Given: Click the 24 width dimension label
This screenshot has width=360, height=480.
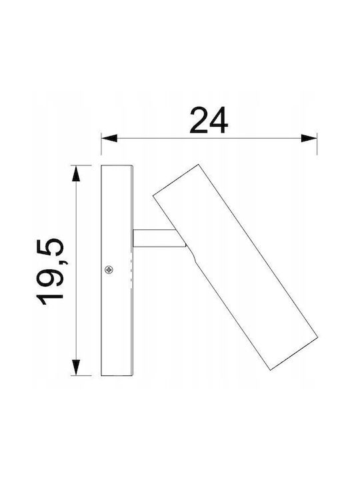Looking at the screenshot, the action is pos(209,120).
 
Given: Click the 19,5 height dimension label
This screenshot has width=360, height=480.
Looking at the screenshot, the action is pos(50,271).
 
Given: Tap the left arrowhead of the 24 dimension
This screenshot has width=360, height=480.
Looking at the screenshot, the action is pos(109,138).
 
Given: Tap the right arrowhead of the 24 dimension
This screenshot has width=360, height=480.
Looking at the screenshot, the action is pos(309,138).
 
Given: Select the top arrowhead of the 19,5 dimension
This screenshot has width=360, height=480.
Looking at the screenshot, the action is pos(75,173).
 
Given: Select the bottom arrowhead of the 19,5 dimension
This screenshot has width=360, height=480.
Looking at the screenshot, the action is pos(75,367).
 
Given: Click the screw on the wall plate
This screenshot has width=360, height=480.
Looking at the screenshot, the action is pos(109,270).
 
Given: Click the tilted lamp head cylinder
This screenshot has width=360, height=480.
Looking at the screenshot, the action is pos(235,267).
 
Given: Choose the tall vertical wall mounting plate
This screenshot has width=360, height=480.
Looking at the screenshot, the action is pos(117,270).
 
